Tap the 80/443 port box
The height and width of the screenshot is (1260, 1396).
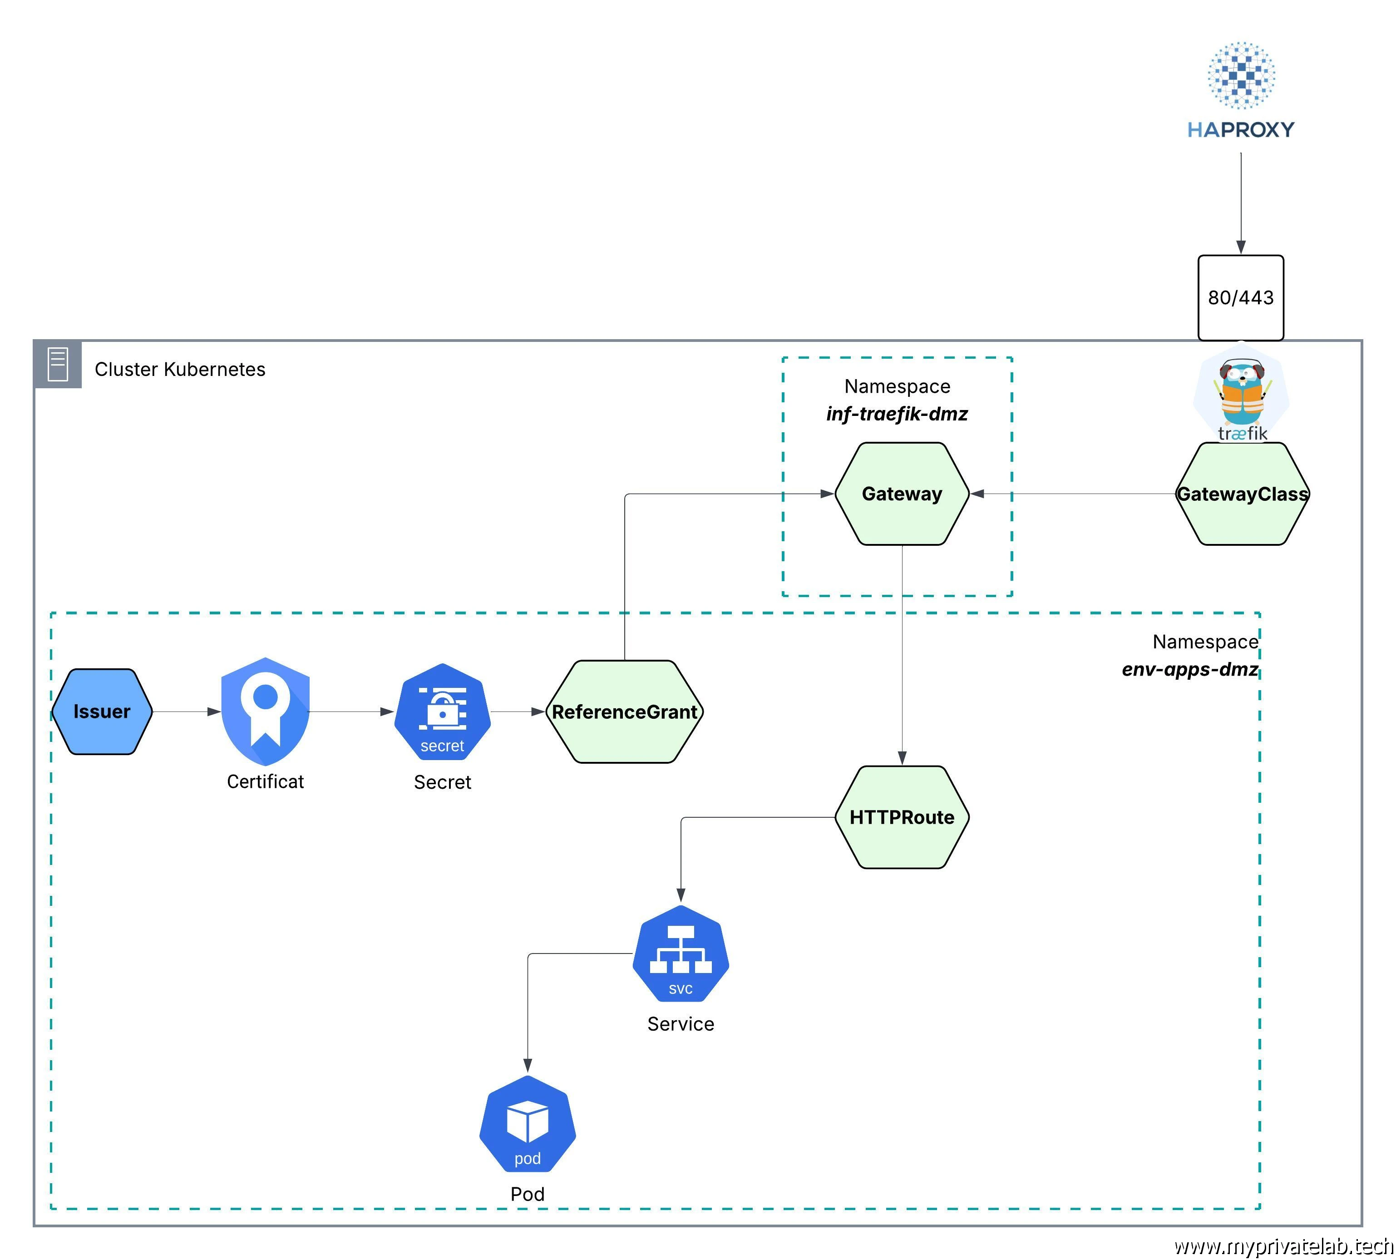[1240, 298]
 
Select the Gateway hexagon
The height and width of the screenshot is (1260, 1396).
[901, 494]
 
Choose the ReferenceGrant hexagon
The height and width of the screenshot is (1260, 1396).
[624, 712]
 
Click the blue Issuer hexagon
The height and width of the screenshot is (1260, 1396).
[102, 712]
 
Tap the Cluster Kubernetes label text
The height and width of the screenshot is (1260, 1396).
[180, 370]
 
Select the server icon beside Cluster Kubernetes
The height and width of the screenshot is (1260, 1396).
[58, 365]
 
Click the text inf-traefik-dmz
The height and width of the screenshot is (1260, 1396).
[897, 414]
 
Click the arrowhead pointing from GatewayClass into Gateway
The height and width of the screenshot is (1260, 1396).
[977, 494]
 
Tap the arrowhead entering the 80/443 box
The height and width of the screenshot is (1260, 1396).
[1240, 247]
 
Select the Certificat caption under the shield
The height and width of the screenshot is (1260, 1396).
[265, 781]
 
